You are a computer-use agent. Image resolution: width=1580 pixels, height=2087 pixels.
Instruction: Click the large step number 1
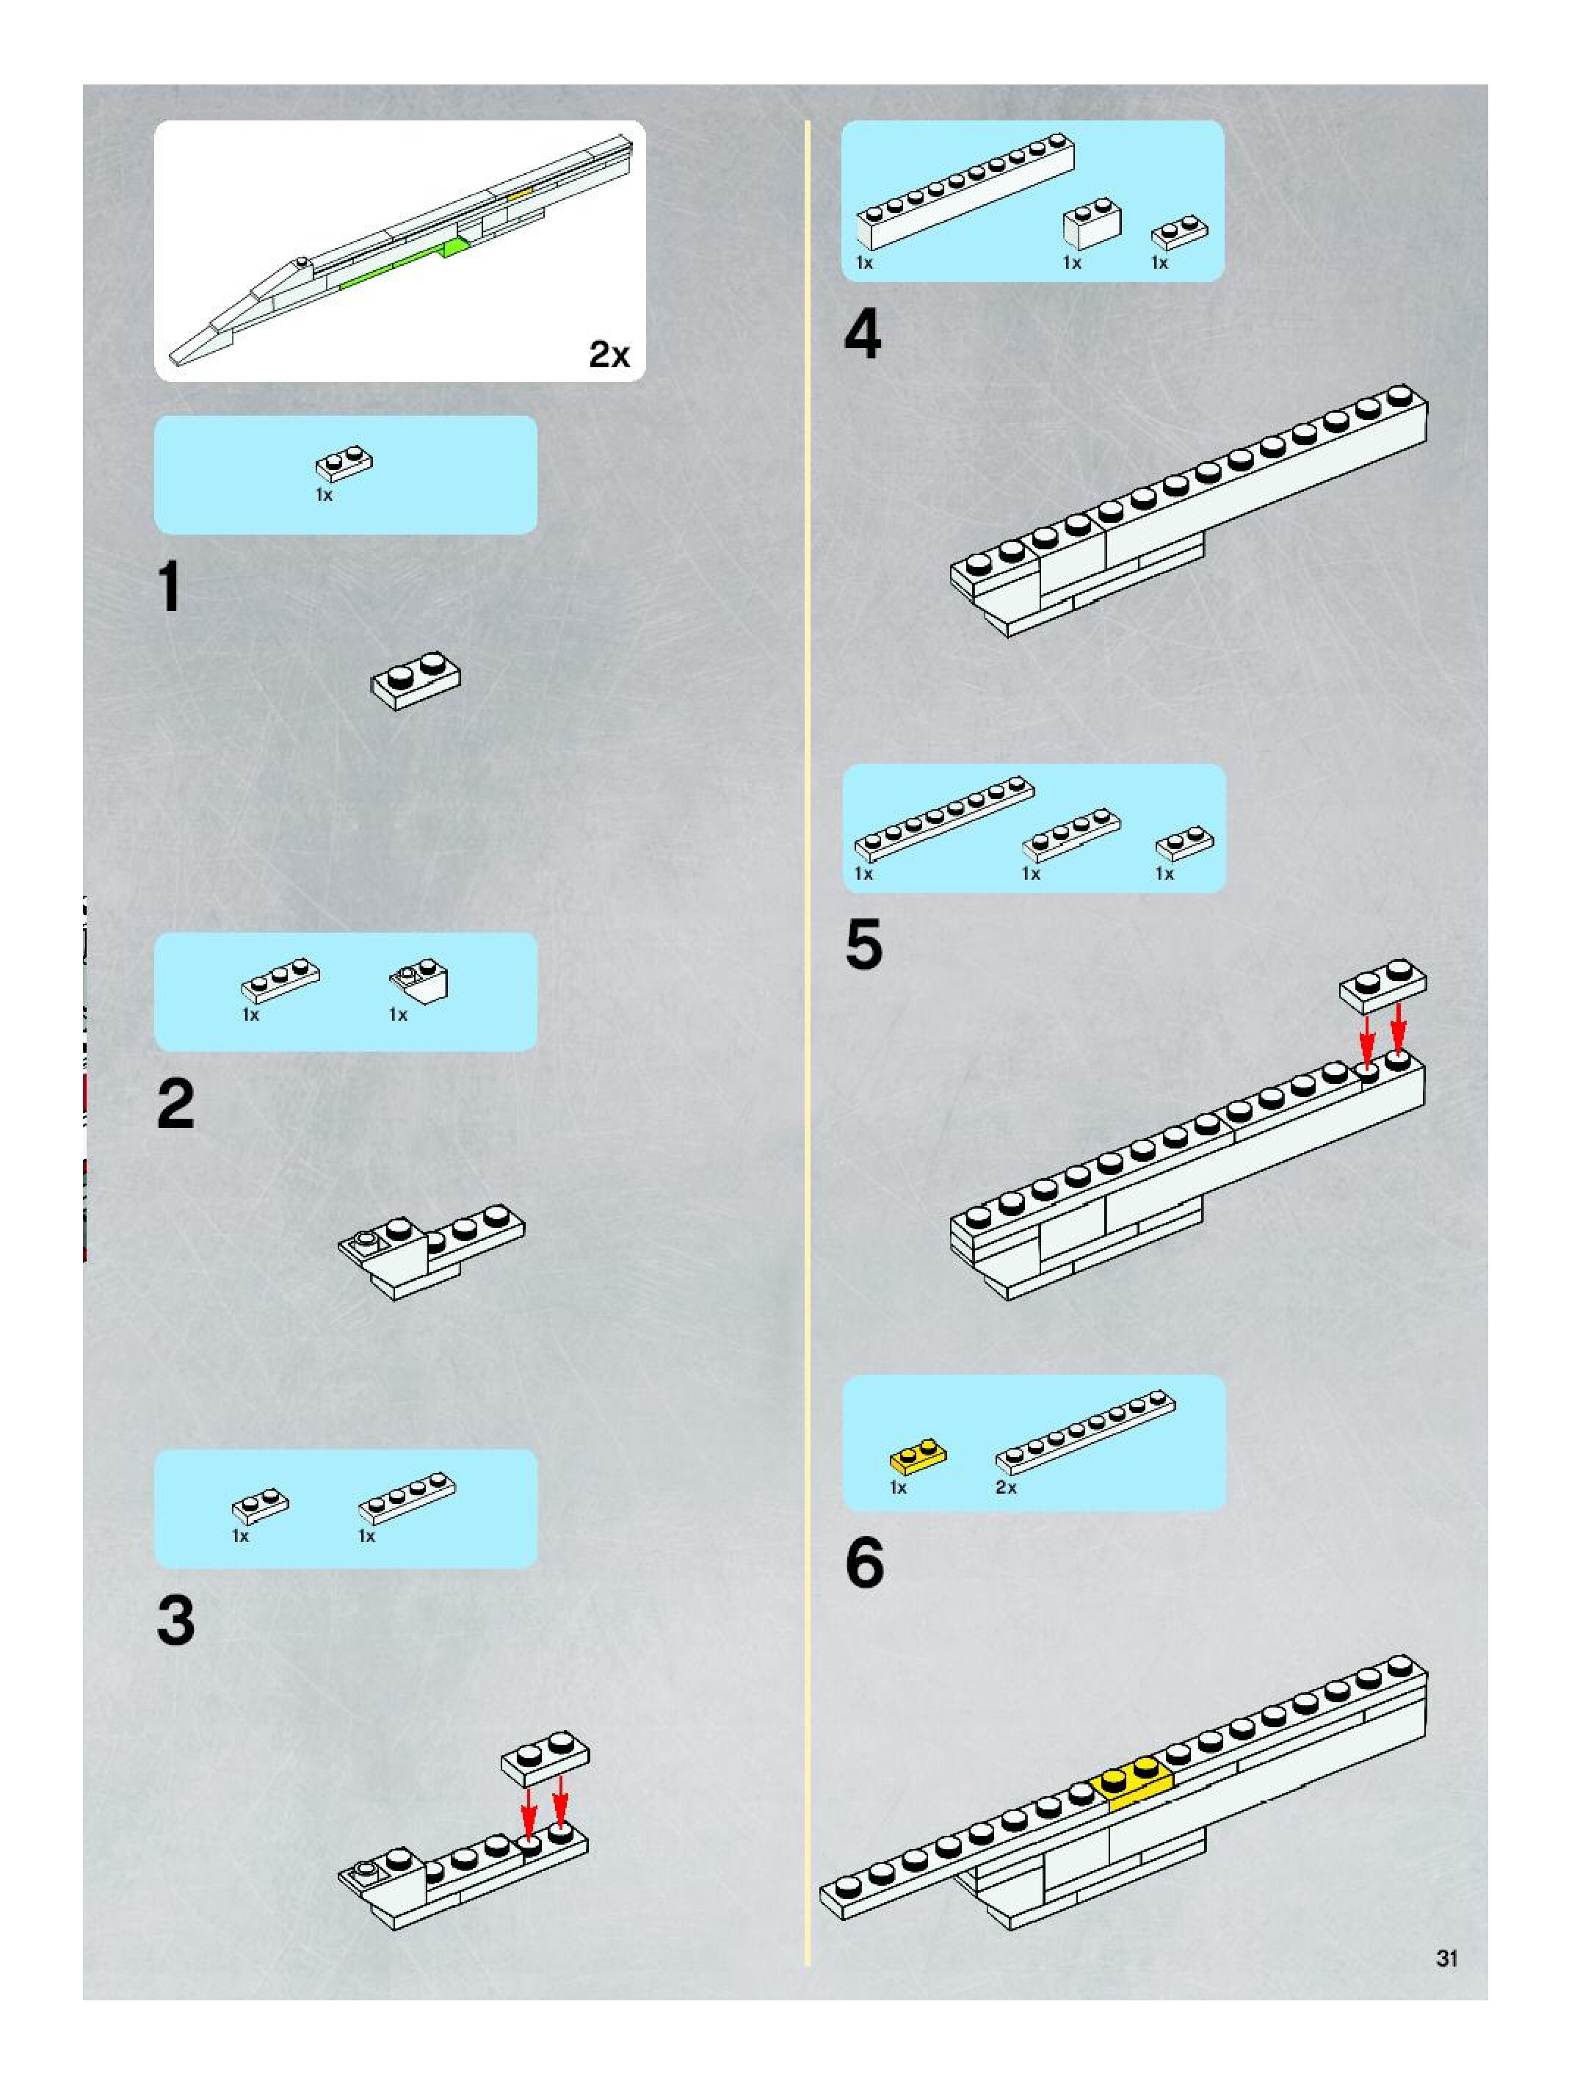(x=170, y=587)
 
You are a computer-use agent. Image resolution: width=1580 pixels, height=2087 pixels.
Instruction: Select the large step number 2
(x=176, y=1103)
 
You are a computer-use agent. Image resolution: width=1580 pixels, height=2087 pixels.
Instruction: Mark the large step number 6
(x=864, y=1563)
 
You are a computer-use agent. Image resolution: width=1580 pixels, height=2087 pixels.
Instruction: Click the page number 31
(x=1447, y=1958)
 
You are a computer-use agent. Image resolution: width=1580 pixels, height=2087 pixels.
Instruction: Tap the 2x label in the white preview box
(x=609, y=355)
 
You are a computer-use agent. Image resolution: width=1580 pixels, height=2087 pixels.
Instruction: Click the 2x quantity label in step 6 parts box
(x=1006, y=1488)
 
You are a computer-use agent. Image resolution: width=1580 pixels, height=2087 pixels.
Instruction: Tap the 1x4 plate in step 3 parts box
(x=407, y=1497)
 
